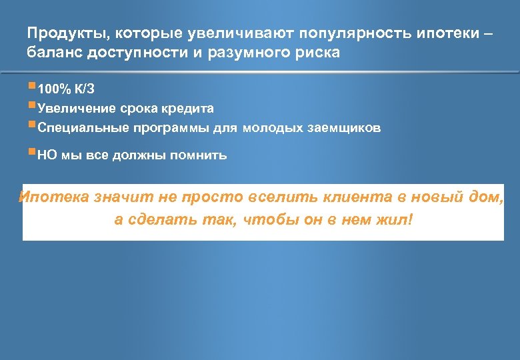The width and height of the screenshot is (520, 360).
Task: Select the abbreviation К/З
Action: [x=85, y=89]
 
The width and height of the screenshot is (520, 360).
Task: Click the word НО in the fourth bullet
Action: [x=47, y=155]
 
